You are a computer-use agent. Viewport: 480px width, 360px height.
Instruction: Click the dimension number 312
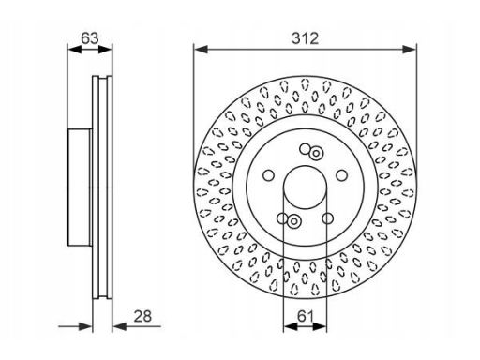(306, 38)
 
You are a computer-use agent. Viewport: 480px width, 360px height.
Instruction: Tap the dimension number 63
(90, 38)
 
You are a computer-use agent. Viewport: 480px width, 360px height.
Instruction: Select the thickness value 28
(142, 316)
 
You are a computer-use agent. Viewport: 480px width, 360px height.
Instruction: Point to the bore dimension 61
(305, 316)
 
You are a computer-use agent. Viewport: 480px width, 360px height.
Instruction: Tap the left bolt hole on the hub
(268, 175)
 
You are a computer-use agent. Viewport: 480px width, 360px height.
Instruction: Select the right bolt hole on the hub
(341, 175)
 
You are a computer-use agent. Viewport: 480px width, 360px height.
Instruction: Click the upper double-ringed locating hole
(316, 154)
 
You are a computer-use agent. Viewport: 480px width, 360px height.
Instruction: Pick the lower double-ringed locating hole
(293, 221)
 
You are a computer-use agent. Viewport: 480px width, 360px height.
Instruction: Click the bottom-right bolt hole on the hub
(327, 218)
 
